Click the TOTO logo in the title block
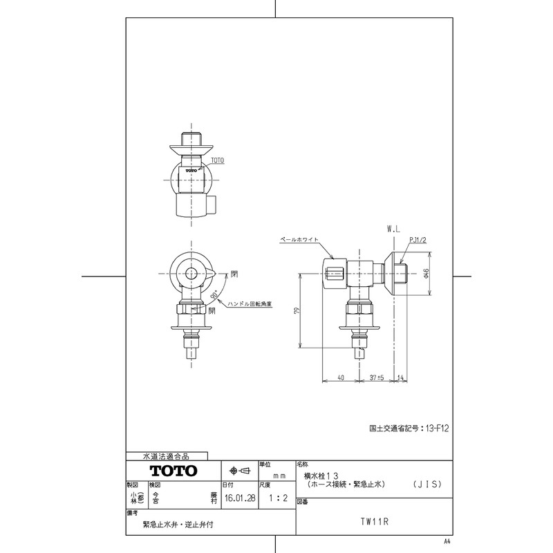click(x=174, y=471)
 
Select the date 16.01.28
click(x=238, y=496)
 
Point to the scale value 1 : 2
click(x=275, y=496)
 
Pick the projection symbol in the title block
click(x=238, y=471)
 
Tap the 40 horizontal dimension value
click(x=340, y=377)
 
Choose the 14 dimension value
click(x=402, y=377)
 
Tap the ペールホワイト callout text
click(x=299, y=239)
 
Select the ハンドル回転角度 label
click(x=251, y=304)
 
